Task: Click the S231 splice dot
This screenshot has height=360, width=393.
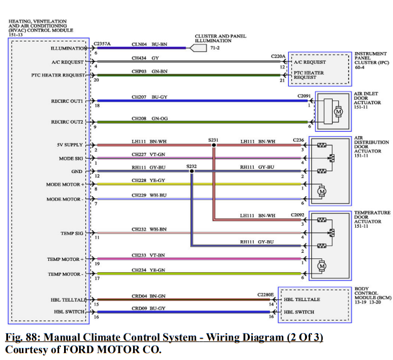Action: click(213, 145)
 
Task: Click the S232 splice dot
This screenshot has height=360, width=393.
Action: click(191, 171)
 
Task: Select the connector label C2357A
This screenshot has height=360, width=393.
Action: click(102, 43)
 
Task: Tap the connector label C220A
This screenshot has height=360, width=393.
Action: click(279, 56)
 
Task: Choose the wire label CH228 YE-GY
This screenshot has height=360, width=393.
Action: click(149, 180)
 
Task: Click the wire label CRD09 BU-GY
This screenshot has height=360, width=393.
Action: click(149, 308)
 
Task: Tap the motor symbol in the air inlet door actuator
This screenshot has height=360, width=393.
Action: click(336, 111)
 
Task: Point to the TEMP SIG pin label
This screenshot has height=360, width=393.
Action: click(72, 233)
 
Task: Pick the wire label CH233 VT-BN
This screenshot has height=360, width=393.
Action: click(149, 255)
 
